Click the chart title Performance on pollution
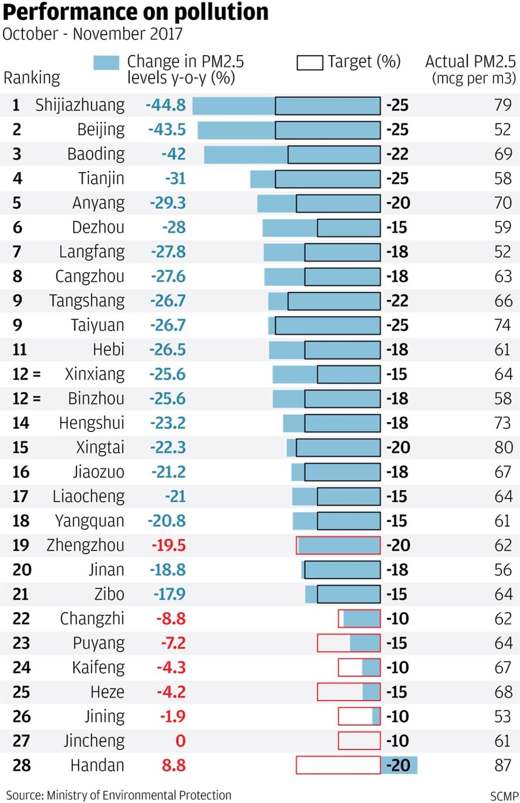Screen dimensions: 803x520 tap(135, 12)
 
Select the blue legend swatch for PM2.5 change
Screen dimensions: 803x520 tap(106, 63)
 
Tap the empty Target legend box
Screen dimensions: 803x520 tap(310, 63)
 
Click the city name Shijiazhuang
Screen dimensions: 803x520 tap(80, 105)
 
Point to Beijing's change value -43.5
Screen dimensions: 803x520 tap(167, 129)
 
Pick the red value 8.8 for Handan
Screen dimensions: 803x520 tap(173, 765)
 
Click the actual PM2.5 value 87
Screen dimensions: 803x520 tap(503, 765)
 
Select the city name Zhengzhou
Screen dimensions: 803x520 tap(85, 545)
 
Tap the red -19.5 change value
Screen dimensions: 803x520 tap(169, 545)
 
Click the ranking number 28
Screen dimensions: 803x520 tap(22, 765)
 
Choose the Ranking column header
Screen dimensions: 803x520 tap(31, 78)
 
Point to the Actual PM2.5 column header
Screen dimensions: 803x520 tap(470, 69)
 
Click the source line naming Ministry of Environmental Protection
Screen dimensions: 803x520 tap(119, 795)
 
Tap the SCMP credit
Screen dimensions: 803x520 tap(504, 796)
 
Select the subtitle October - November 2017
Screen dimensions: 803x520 tap(92, 34)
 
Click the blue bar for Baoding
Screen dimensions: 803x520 tap(246, 154)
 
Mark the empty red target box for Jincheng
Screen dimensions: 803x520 tap(359, 741)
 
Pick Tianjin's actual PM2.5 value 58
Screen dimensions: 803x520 tap(503, 179)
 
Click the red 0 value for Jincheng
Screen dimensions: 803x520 tap(180, 741)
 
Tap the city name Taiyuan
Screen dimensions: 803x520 tap(97, 325)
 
